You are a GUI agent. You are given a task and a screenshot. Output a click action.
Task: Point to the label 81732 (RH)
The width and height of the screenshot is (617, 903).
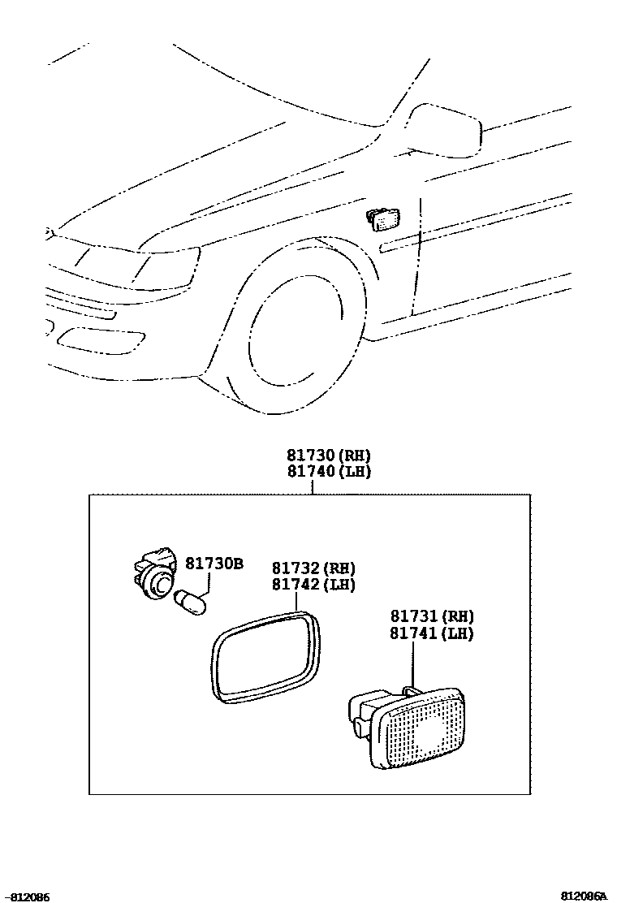coord(313,568)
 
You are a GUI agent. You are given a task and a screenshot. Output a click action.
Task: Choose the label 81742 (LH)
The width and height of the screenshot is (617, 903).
coord(313,584)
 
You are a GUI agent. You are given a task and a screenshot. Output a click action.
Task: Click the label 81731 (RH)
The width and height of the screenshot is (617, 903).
coord(432,617)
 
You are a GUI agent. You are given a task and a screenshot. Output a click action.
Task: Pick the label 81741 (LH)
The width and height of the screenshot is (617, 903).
coord(432,633)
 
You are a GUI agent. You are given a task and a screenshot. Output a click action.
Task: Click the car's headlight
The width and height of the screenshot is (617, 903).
coord(166,266)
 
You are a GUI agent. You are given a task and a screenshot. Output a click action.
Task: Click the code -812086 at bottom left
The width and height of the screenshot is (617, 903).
coord(25,897)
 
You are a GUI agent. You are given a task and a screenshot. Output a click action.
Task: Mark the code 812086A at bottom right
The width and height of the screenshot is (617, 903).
coord(584,897)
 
